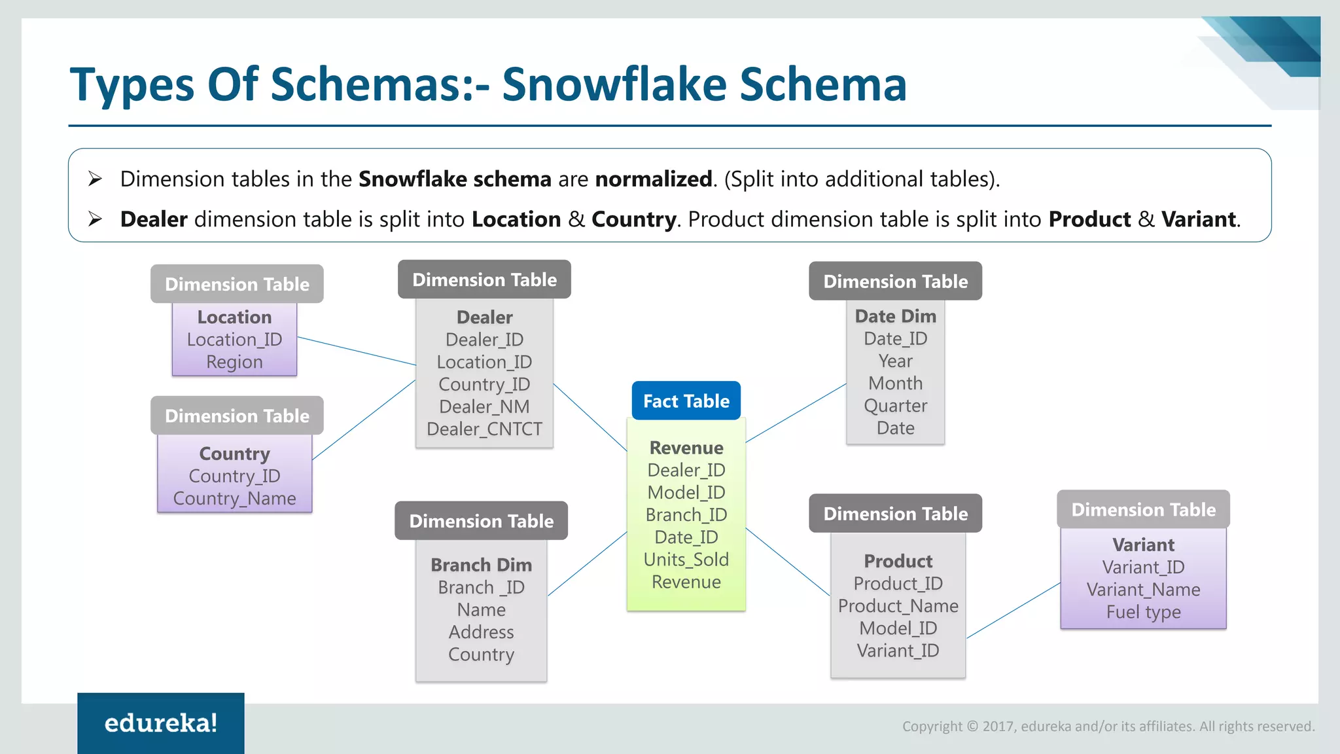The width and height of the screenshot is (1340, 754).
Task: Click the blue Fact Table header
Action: (686, 401)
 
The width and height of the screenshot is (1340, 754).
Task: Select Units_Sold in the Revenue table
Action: (686, 560)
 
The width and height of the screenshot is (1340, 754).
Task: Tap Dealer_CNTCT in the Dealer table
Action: (484, 429)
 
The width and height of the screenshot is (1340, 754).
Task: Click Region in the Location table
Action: (234, 362)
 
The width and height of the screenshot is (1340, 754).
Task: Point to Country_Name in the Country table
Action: (234, 499)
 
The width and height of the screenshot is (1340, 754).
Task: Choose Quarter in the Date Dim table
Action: (895, 406)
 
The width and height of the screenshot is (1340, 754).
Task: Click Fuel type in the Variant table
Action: (1143, 612)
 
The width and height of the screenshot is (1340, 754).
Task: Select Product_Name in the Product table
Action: (898, 606)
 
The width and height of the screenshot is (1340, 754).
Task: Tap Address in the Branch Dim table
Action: (481, 632)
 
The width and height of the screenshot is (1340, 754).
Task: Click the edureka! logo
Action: (161, 723)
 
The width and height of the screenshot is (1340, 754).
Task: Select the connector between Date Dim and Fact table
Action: (796, 413)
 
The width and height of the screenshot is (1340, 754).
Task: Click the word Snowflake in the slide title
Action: (614, 85)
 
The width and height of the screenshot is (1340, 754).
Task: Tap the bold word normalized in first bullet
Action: (653, 179)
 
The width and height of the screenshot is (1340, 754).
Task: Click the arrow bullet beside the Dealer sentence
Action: (96, 219)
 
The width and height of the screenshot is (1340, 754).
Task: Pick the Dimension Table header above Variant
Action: (1143, 509)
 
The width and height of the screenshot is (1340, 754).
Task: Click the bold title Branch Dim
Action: (481, 565)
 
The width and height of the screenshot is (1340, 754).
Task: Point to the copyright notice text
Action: (1108, 726)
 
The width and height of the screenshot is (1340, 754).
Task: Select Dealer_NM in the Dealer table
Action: (484, 407)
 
